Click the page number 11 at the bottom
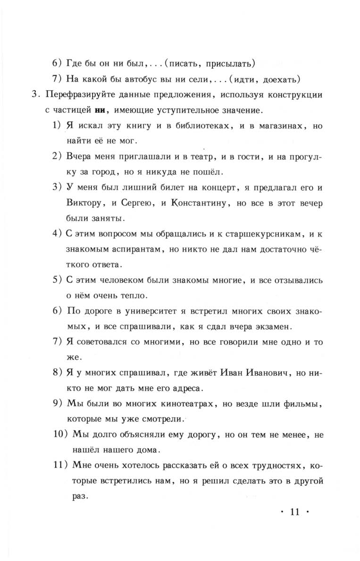[296, 512]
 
